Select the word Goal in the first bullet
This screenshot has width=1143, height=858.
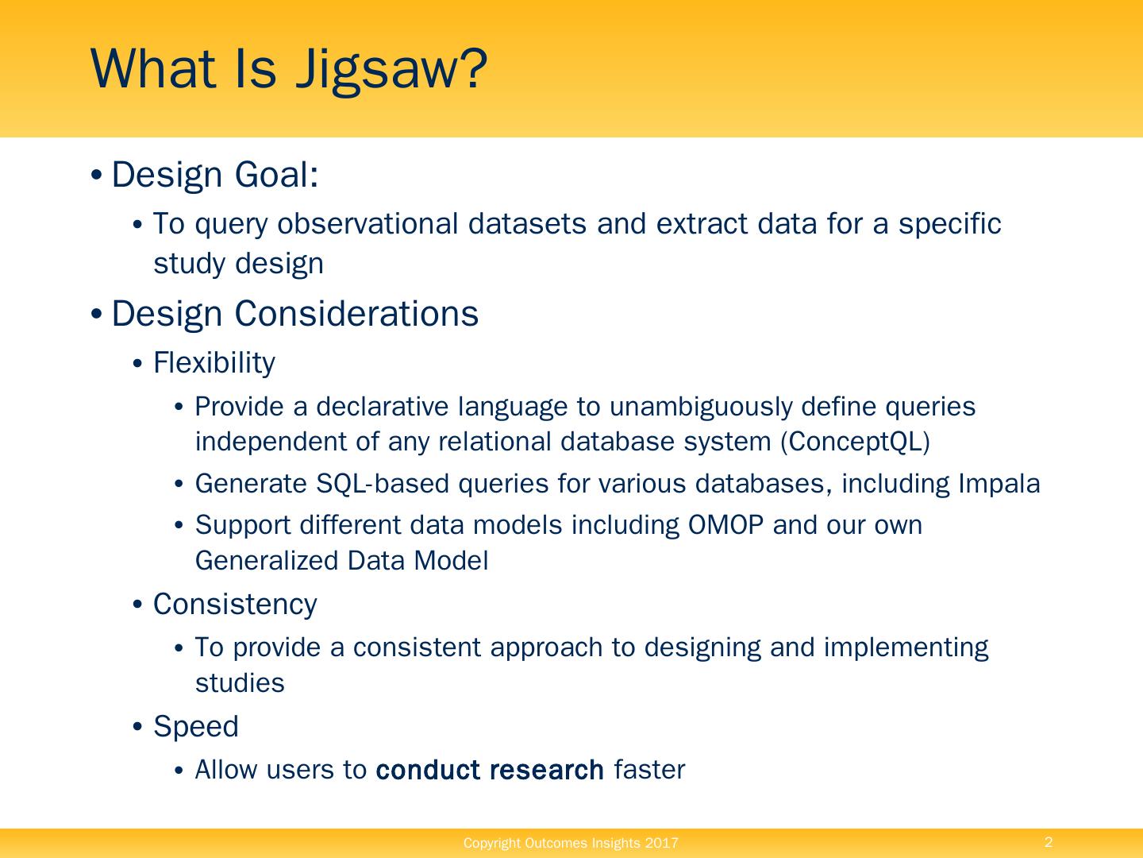276,174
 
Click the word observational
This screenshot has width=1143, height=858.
368,224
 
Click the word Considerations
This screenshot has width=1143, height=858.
356,314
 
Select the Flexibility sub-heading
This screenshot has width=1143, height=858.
214,362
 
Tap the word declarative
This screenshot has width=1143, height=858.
383,406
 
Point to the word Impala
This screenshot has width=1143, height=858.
999,485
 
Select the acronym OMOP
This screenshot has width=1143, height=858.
725,525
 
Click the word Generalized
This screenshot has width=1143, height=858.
267,561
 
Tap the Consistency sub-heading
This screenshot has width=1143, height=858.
235,605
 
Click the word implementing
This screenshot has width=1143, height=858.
906,648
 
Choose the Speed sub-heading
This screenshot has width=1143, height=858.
196,727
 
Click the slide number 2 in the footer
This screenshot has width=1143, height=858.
1049,842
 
